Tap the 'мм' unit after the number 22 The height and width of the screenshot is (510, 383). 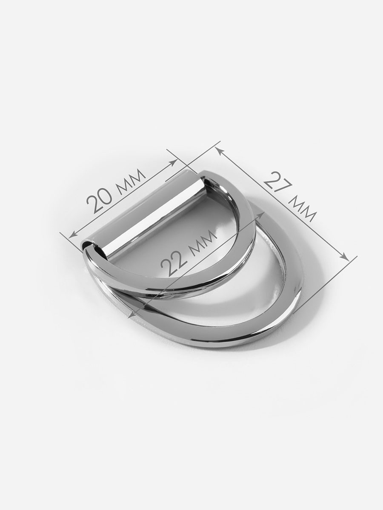click(203, 242)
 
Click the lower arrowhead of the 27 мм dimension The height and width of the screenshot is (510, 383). click(345, 257)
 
